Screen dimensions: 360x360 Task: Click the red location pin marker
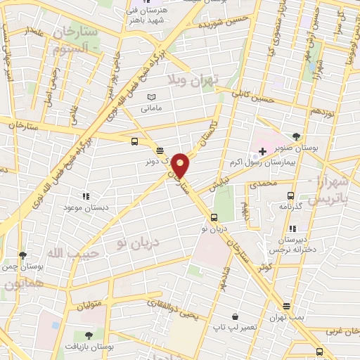(x=181, y=165)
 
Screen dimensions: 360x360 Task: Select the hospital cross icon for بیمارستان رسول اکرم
(x=262, y=151)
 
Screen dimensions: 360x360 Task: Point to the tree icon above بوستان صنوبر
(x=296, y=136)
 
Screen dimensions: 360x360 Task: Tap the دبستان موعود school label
(x=84, y=207)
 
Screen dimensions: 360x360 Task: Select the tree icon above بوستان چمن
(x=22, y=255)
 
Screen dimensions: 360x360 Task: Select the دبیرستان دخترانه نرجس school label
(x=291, y=243)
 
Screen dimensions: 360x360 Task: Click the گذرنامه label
(x=290, y=206)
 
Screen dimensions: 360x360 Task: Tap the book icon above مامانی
(x=151, y=97)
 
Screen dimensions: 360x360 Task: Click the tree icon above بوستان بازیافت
(x=88, y=337)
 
